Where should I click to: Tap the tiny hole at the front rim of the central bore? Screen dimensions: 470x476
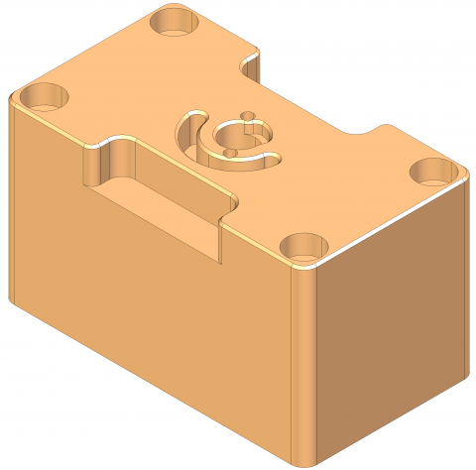coord(230,153)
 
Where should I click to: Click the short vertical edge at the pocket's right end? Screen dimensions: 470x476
coord(219,238)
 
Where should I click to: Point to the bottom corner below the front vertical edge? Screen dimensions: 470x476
coord(301,463)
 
